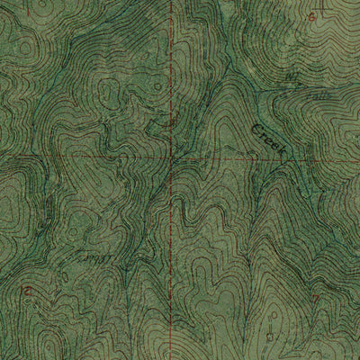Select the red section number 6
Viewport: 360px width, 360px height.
312,16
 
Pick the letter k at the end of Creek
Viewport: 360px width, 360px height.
282,154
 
